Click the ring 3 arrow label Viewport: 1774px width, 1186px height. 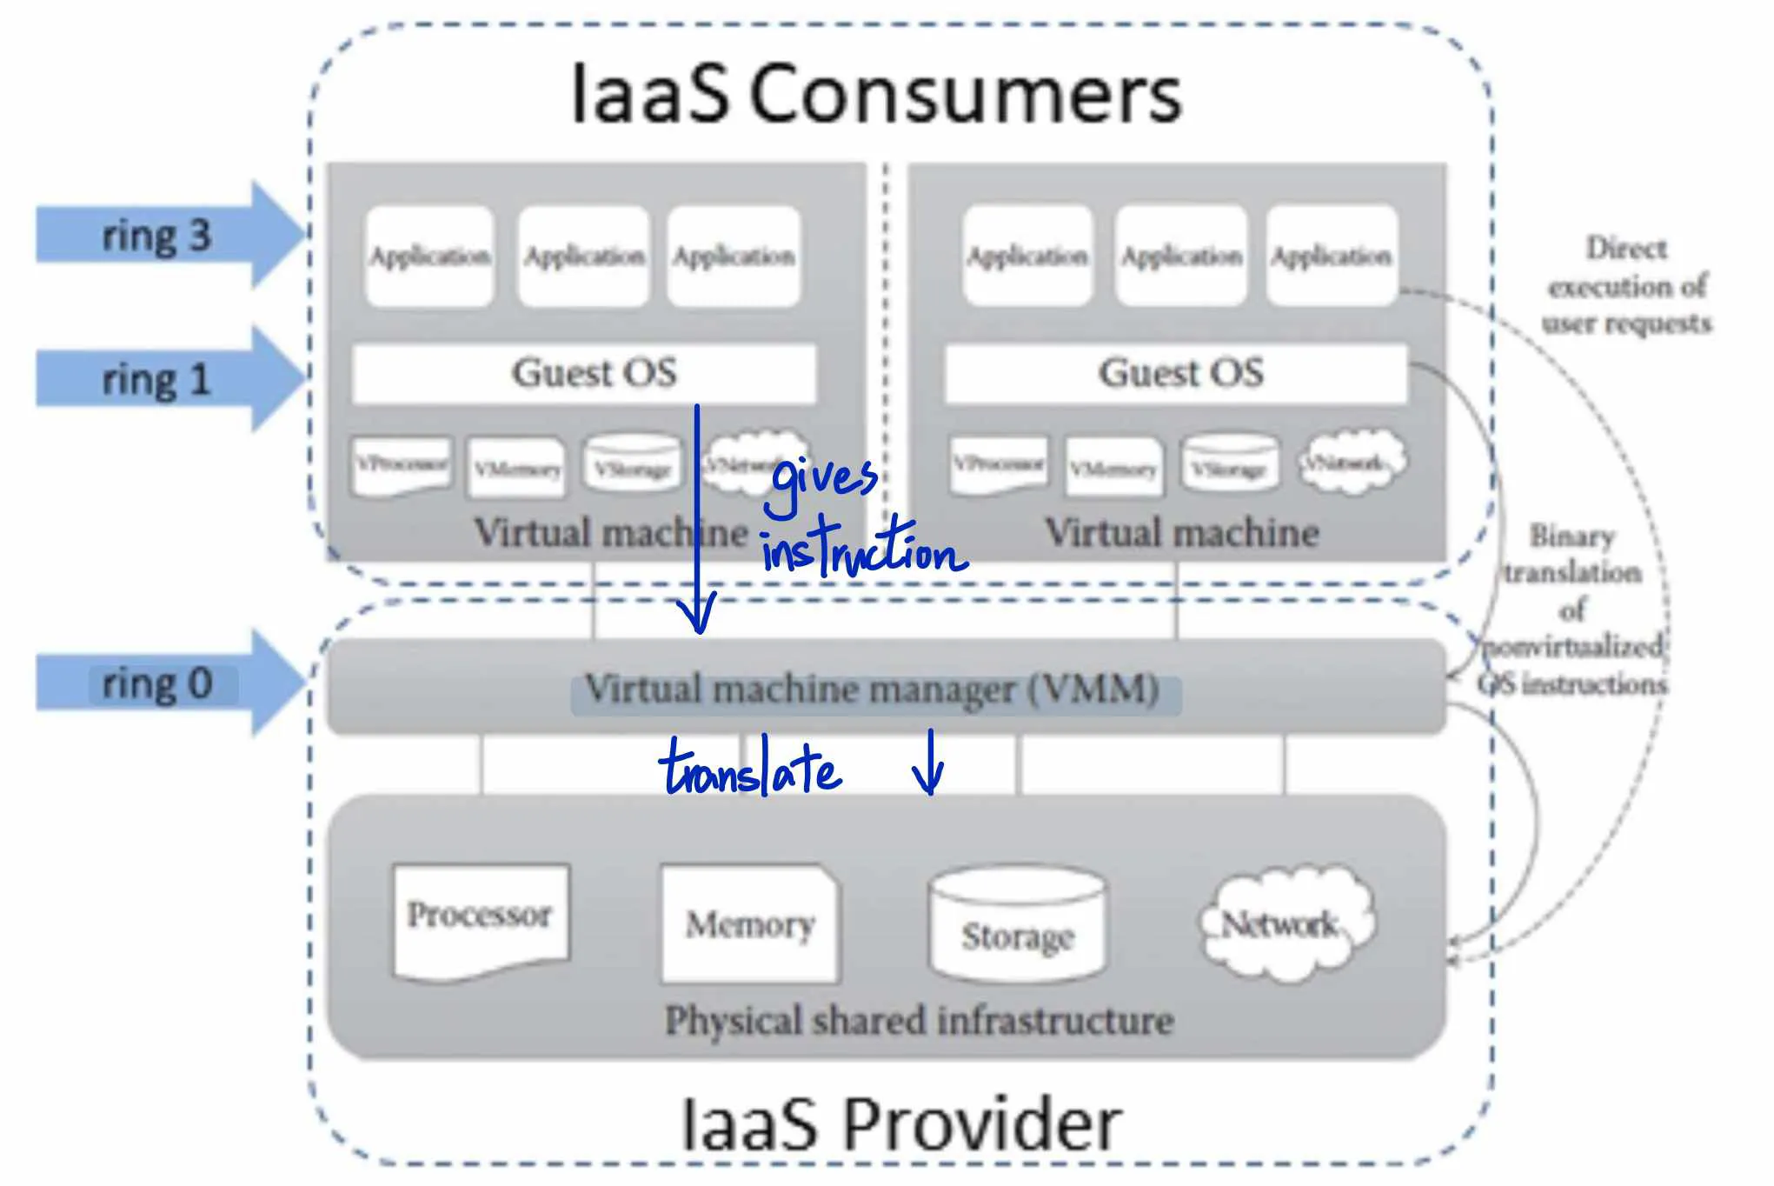click(156, 236)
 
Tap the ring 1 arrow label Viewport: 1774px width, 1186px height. click(156, 380)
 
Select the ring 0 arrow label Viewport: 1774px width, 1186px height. click(156, 683)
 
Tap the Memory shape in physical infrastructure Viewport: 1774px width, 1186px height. click(749, 923)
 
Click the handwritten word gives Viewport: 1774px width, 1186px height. click(824, 483)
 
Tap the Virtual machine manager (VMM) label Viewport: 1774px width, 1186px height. click(873, 690)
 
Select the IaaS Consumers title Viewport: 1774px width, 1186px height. click(876, 94)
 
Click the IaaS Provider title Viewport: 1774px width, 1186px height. click(901, 1124)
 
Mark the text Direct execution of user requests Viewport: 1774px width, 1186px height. click(1626, 286)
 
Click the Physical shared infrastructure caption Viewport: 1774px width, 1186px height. click(920, 1021)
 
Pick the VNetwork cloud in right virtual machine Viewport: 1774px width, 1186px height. click(1352, 463)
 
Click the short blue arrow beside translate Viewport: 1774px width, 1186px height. click(929, 763)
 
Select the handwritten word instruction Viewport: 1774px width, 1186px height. click(862, 551)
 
